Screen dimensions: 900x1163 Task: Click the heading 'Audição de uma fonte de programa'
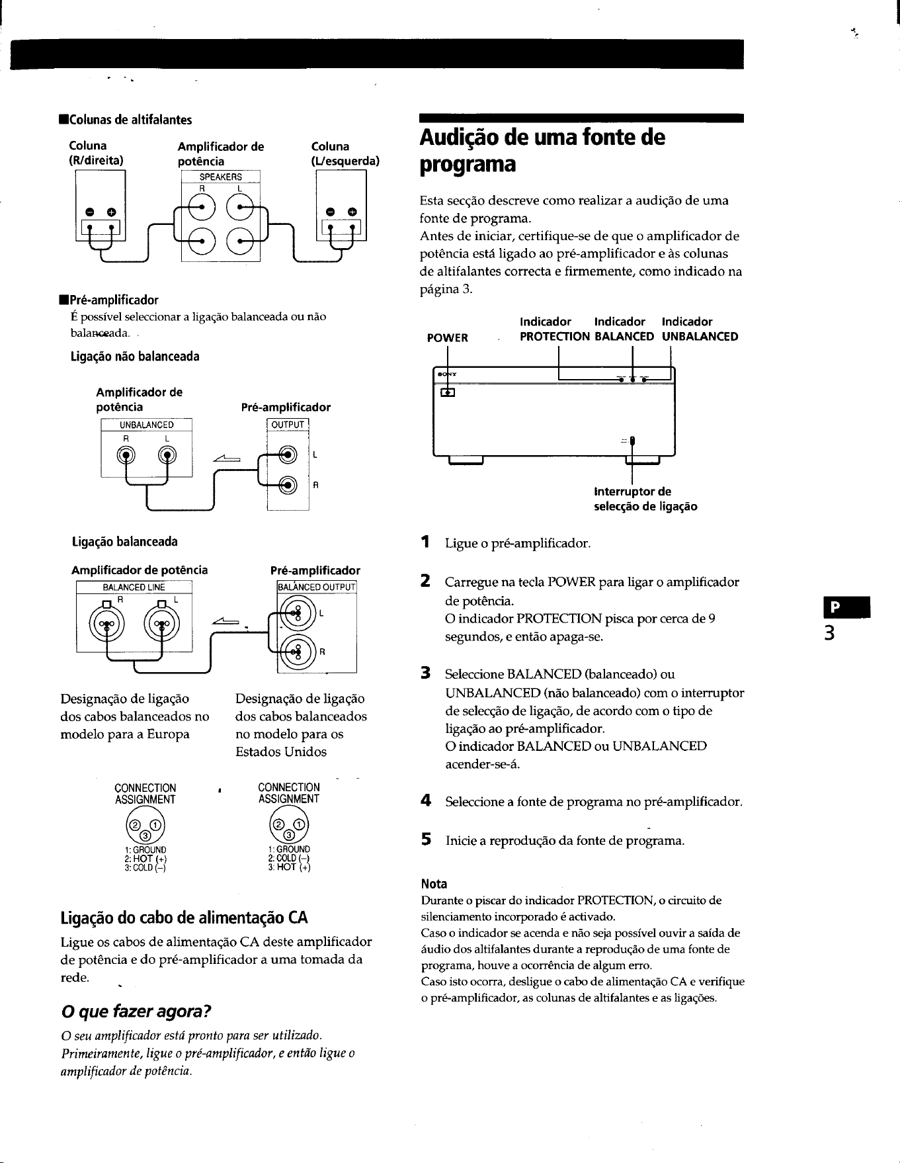[542, 151]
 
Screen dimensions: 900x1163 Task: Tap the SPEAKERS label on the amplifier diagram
[221, 177]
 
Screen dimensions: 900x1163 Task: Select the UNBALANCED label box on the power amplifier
[146, 425]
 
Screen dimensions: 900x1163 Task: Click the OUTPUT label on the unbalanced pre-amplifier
[288, 425]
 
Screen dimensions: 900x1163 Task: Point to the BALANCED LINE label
[134, 587]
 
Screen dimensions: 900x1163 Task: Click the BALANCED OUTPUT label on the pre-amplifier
[317, 587]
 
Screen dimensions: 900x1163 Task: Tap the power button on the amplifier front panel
[448, 392]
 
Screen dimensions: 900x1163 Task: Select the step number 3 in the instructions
[427, 673]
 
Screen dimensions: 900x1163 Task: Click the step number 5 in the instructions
[427, 840]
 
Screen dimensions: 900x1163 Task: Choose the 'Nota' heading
[434, 884]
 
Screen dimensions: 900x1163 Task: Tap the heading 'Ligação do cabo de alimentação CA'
[184, 918]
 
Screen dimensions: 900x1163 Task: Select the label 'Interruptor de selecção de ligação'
[645, 499]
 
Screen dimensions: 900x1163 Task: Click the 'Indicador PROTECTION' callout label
[554, 329]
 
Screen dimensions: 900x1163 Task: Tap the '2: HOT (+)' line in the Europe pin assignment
[145, 859]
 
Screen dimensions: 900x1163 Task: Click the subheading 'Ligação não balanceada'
[135, 357]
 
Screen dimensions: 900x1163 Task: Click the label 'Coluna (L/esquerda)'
[345, 153]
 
